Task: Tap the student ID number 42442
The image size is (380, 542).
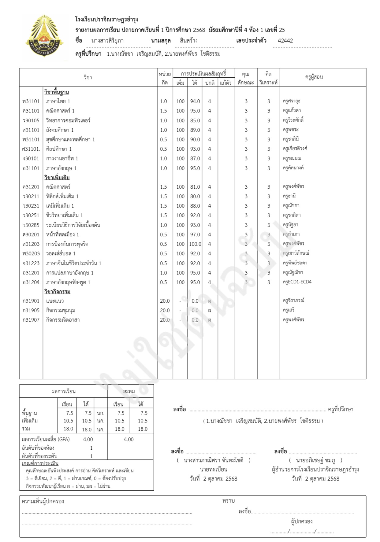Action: coord(285,41)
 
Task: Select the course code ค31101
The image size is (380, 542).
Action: coord(31,111)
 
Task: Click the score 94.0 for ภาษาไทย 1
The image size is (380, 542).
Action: coord(195,101)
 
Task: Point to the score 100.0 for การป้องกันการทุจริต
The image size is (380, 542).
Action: coord(195,244)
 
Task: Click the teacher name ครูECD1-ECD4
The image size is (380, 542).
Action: coord(297,282)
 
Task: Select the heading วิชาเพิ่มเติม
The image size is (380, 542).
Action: coord(57,178)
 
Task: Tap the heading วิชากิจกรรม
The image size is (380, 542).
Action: coord(57,292)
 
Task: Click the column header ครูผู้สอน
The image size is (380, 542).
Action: coord(314,77)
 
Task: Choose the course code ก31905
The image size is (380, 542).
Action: coord(31,310)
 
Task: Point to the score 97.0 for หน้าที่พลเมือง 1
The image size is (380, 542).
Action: coord(195,234)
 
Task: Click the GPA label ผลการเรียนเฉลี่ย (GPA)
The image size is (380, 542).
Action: coord(46,439)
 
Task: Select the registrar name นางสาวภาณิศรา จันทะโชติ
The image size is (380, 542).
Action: coord(214,460)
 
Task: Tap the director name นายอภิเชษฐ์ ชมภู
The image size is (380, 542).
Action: coord(315,460)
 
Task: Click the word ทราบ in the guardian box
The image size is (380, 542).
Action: coord(228,501)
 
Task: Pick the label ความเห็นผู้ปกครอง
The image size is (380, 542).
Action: coord(43,501)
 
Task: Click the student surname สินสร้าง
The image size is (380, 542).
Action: coord(189,41)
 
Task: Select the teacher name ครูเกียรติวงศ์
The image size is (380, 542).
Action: coord(295,149)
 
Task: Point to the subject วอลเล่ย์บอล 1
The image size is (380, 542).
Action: coord(61,253)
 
